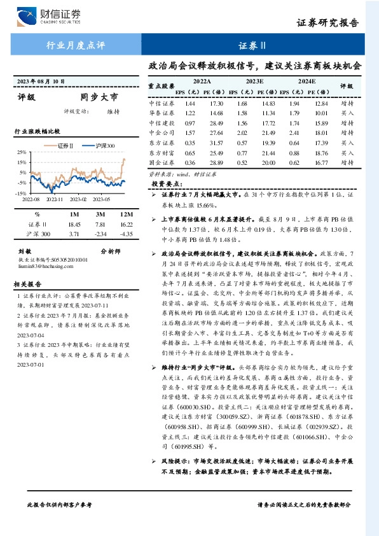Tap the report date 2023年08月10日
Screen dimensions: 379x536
click(x=39, y=81)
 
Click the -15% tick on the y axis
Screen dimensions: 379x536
click(x=20, y=193)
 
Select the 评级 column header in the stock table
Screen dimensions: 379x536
click(x=347, y=85)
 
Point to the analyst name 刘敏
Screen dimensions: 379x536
click(x=24, y=251)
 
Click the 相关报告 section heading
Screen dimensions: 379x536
click(x=29, y=284)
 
